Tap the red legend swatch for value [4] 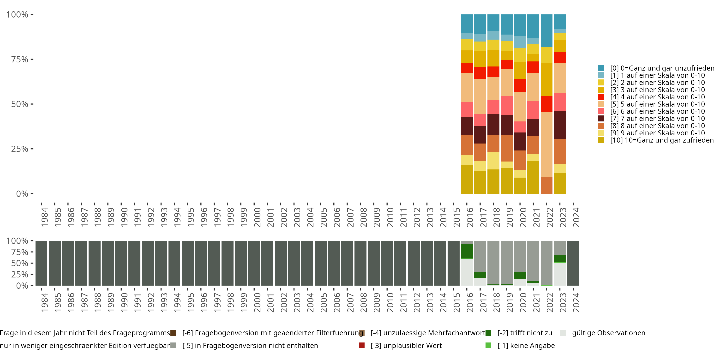[601, 97]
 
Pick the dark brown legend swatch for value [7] [601, 119]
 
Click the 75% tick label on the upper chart [20, 59]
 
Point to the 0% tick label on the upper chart [22, 194]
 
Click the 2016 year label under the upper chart [470, 217]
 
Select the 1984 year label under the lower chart [44, 302]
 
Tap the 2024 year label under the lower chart [576, 302]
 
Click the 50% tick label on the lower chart [20, 263]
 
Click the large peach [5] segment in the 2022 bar [546, 144]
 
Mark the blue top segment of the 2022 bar [546, 30]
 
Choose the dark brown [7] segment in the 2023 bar [560, 125]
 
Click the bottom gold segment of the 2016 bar [467, 180]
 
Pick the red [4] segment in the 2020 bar [520, 85]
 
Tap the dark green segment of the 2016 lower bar [467, 251]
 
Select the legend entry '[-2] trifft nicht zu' [525, 333]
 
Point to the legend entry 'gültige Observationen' [608, 333]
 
